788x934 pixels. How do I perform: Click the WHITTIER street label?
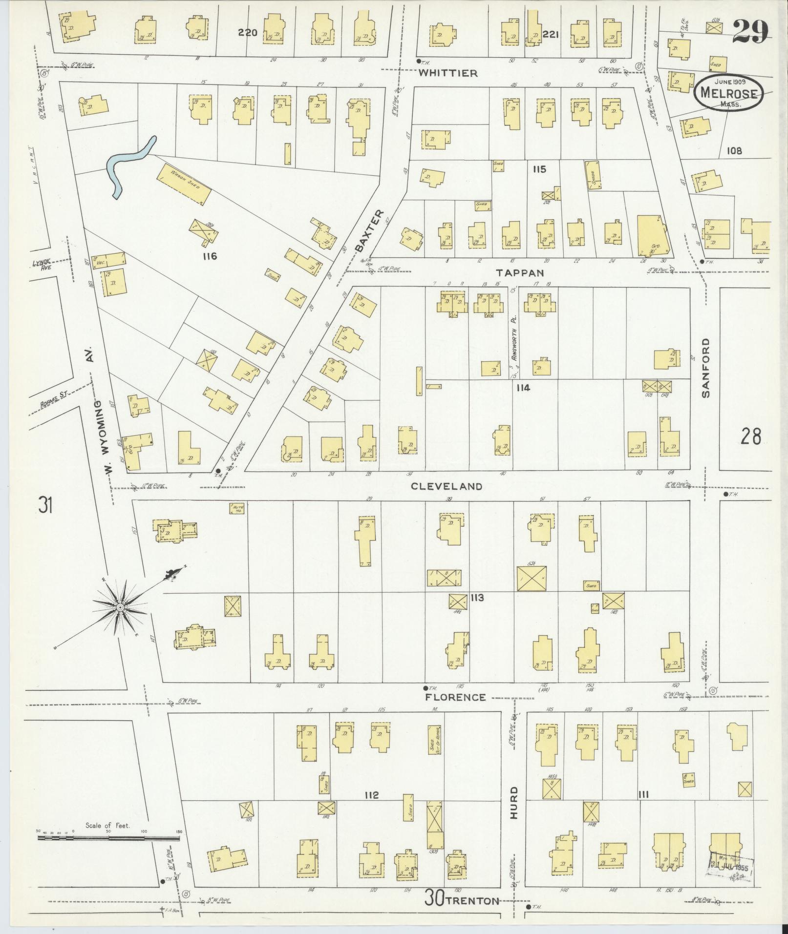[447, 73]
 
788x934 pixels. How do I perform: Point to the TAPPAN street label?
[519, 272]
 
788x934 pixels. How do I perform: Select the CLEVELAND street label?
[447, 486]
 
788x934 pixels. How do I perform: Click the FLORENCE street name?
[455, 697]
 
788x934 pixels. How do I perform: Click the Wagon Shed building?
[184, 184]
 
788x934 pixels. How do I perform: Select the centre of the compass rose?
[120, 607]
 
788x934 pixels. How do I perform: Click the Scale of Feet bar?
[108, 838]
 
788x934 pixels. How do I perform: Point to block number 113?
[477, 597]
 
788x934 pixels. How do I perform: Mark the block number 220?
[248, 33]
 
